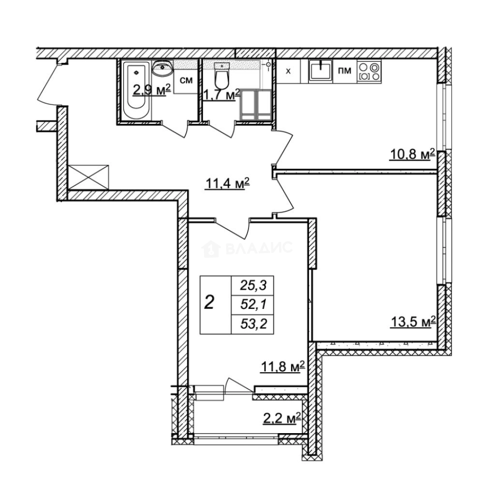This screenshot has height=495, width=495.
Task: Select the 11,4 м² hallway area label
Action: click(226, 184)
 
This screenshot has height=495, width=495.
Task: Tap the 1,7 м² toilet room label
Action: click(222, 95)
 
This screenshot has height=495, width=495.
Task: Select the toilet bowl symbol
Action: click(222, 79)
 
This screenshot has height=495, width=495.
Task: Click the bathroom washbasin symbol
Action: click(162, 69)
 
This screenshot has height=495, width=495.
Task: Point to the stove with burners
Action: click(369, 71)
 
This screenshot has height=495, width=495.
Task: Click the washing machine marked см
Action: click(186, 81)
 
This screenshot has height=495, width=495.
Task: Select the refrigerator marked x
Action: click(288, 71)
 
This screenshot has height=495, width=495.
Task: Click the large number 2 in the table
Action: click(209, 302)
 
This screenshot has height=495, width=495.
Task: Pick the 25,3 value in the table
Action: click(253, 286)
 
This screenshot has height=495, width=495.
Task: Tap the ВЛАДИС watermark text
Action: click(258, 248)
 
